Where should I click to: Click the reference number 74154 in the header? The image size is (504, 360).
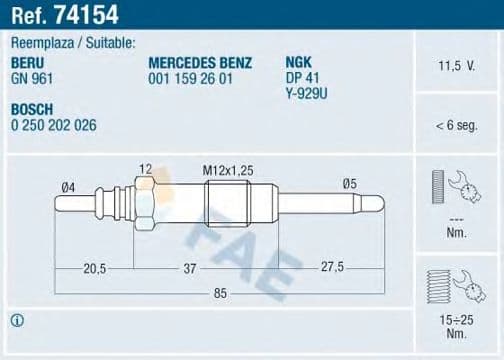coord(86,15)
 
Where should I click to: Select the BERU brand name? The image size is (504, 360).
coord(27,63)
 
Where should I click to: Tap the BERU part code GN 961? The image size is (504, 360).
coord(32,79)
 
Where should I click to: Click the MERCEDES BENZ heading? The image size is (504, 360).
coord(200,63)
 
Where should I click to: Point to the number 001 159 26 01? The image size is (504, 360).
coord(190,79)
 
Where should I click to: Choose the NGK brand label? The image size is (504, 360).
coord(298,62)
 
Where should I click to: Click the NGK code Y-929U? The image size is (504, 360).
coord(306,94)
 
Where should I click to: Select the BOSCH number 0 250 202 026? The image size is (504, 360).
coord(54,125)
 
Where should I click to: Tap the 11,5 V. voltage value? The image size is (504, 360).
coord(456,66)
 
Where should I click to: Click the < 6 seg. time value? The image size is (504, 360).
coord(456,125)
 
